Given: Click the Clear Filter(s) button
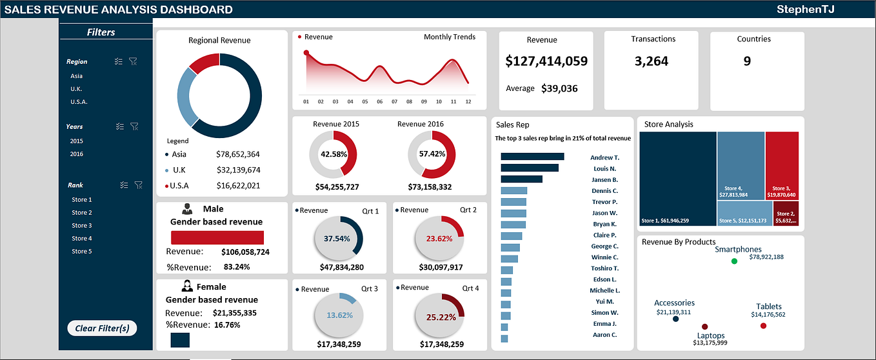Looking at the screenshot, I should pyautogui.click(x=102, y=328).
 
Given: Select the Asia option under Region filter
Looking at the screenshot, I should pyautogui.click(x=77, y=75).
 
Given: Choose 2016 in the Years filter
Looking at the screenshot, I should pyautogui.click(x=77, y=154).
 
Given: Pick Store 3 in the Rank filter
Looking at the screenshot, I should pyautogui.click(x=82, y=225).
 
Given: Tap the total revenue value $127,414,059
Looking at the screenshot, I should pyautogui.click(x=546, y=61).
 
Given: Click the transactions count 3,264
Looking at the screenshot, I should pyautogui.click(x=651, y=61).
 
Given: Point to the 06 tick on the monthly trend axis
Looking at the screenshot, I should pyautogui.click(x=380, y=101).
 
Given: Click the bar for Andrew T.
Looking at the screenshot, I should pyautogui.click(x=532, y=157).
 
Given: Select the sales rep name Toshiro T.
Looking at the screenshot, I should pyautogui.click(x=604, y=268).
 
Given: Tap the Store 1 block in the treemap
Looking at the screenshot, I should pyautogui.click(x=677, y=177).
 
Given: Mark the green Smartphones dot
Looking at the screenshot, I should pyautogui.click(x=734, y=261).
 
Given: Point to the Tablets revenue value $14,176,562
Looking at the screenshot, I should pyautogui.click(x=768, y=315).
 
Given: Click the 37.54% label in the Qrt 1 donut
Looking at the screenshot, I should pyautogui.click(x=337, y=239).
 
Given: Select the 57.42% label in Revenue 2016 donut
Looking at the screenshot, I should pyautogui.click(x=432, y=155).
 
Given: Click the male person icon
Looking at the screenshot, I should pyautogui.click(x=187, y=209).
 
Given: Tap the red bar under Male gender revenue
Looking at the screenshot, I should pyautogui.click(x=217, y=237).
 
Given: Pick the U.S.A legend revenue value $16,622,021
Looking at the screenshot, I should pyautogui.click(x=238, y=186).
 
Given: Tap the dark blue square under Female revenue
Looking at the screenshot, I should pyautogui.click(x=180, y=340).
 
